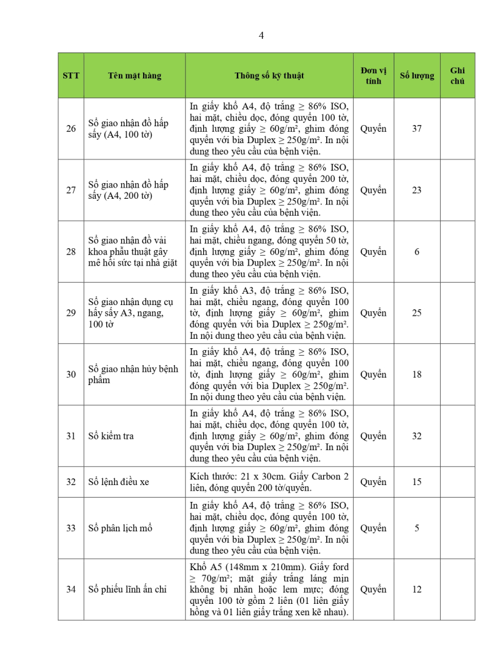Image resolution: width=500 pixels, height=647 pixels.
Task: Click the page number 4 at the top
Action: [261, 36]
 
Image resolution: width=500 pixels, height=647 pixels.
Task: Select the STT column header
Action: [71, 76]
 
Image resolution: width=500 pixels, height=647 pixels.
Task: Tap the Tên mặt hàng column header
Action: [134, 76]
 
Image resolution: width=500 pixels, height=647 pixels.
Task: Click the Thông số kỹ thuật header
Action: [269, 76]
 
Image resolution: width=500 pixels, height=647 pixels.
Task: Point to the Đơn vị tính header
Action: [373, 76]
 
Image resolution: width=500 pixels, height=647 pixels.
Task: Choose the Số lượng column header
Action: [417, 76]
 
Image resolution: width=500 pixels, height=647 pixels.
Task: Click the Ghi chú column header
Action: [457, 76]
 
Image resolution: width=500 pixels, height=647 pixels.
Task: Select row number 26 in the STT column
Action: [71, 129]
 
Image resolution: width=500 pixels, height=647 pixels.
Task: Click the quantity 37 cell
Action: [417, 129]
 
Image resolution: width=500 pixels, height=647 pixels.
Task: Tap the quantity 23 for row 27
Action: [417, 190]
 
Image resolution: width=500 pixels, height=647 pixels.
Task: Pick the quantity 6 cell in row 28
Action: [417, 251]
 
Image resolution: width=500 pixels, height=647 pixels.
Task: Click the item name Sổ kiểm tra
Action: [111, 436]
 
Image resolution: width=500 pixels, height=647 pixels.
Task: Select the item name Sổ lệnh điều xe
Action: [119, 482]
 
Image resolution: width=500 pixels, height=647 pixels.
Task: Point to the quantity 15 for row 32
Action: [417, 482]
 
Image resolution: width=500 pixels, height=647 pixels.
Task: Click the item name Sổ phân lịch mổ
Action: [120, 528]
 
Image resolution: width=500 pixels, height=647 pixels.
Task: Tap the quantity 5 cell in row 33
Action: [417, 528]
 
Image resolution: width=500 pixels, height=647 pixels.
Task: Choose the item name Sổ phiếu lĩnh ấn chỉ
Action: [127, 589]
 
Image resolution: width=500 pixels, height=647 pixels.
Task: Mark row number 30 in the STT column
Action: [71, 374]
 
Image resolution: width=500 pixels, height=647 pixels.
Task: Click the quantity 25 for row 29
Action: [417, 313]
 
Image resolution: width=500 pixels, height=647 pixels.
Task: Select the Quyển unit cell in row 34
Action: [373, 589]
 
